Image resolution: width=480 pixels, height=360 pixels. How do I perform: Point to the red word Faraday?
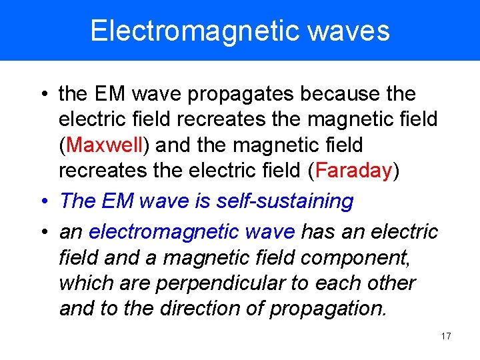tap(353, 171)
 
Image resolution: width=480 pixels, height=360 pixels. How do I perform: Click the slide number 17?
tap(446, 336)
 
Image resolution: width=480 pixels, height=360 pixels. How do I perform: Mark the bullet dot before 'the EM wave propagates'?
tap(43, 95)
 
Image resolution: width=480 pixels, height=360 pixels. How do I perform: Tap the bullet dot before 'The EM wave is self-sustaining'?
tap(43, 201)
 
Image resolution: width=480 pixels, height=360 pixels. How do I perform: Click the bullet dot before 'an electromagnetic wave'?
tap(43, 231)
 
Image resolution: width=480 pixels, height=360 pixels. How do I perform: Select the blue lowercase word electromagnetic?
tap(164, 231)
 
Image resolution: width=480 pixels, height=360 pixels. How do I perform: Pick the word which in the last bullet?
tap(84, 283)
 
